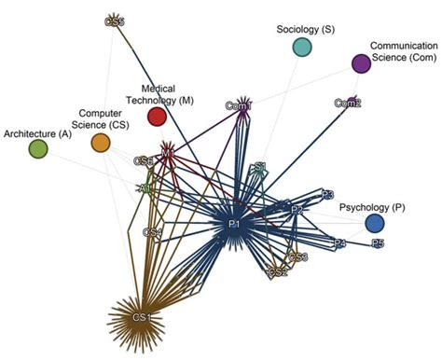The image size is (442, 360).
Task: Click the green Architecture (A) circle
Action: [x=38, y=148]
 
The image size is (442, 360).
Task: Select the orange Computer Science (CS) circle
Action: [x=101, y=143]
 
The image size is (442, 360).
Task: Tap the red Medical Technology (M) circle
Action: [x=157, y=117]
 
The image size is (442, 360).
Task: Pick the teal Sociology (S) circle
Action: [x=301, y=47]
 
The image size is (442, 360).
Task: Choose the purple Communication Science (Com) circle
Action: [x=362, y=63]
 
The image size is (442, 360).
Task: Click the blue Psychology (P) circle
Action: [x=375, y=224]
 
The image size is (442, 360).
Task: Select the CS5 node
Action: [x=115, y=20]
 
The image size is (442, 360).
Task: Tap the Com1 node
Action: [x=239, y=106]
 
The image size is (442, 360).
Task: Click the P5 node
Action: [x=378, y=243]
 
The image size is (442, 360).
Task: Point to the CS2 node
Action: [x=278, y=272]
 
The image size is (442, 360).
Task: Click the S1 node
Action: [x=261, y=168]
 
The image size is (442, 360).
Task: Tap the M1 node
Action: [x=168, y=150]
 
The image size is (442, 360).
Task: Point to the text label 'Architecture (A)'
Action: [x=37, y=132]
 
